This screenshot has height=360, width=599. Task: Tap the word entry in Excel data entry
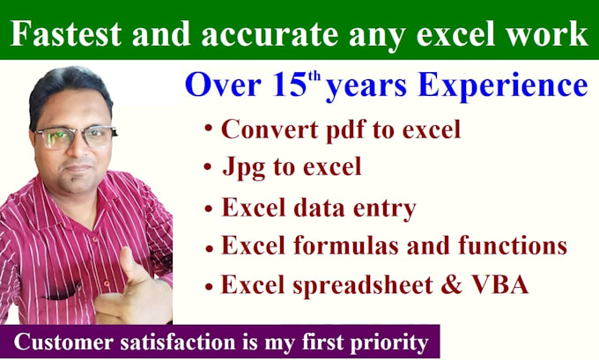point(384,209)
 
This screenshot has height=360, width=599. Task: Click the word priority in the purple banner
point(387,340)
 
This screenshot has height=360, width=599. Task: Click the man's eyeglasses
point(75,137)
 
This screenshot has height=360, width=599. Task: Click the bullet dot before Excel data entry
point(208,210)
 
